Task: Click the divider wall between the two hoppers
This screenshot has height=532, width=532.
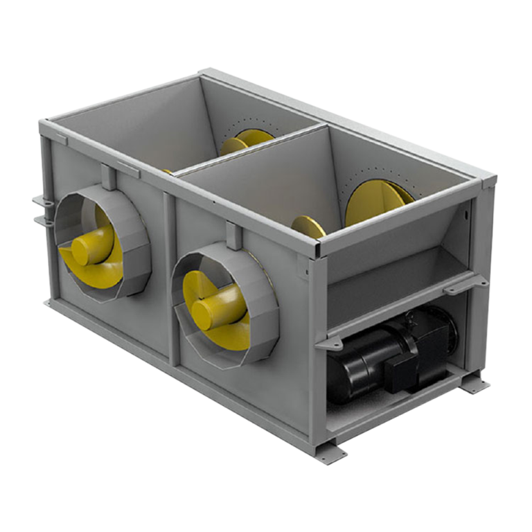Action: [x=249, y=150]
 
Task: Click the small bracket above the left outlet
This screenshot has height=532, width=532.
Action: [x=108, y=176]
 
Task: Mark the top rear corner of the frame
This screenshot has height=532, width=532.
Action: [x=206, y=71]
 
